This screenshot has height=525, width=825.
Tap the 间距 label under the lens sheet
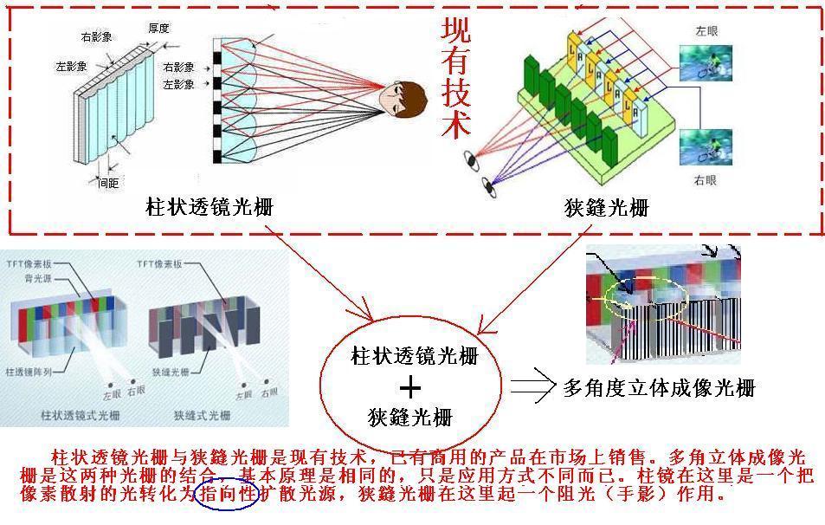click(108, 182)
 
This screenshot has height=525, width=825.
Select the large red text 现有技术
click(457, 79)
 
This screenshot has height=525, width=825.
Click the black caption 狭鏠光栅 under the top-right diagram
click(606, 208)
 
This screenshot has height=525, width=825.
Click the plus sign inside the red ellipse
click(410, 387)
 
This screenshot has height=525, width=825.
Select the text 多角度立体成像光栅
click(659, 387)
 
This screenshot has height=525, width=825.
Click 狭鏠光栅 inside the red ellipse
click(410, 418)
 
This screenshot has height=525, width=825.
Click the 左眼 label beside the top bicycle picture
click(706, 30)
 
